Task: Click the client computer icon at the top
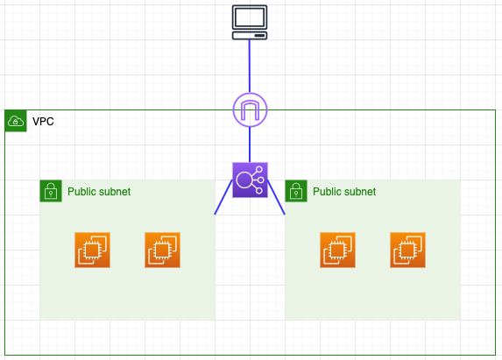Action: (x=250, y=23)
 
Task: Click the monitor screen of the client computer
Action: (x=250, y=17)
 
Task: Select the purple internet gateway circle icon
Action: (x=250, y=109)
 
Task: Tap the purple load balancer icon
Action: (x=250, y=180)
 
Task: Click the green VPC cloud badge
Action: (x=16, y=121)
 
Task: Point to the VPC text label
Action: (x=43, y=122)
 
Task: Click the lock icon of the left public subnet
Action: (x=51, y=191)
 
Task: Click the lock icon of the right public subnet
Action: (x=296, y=191)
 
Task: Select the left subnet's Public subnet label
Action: (x=99, y=192)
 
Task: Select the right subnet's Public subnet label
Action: (x=344, y=192)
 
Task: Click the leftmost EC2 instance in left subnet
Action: (x=93, y=250)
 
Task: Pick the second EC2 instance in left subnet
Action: (x=163, y=250)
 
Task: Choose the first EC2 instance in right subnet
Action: (x=338, y=250)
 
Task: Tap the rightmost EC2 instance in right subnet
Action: (x=408, y=250)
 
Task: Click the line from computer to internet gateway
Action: (x=250, y=67)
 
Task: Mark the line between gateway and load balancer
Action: (x=250, y=145)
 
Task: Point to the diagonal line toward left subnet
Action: (x=223, y=197)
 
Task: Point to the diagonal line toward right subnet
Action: (x=276, y=197)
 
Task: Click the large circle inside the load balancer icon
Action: (x=244, y=180)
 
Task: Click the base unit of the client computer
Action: (x=250, y=36)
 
